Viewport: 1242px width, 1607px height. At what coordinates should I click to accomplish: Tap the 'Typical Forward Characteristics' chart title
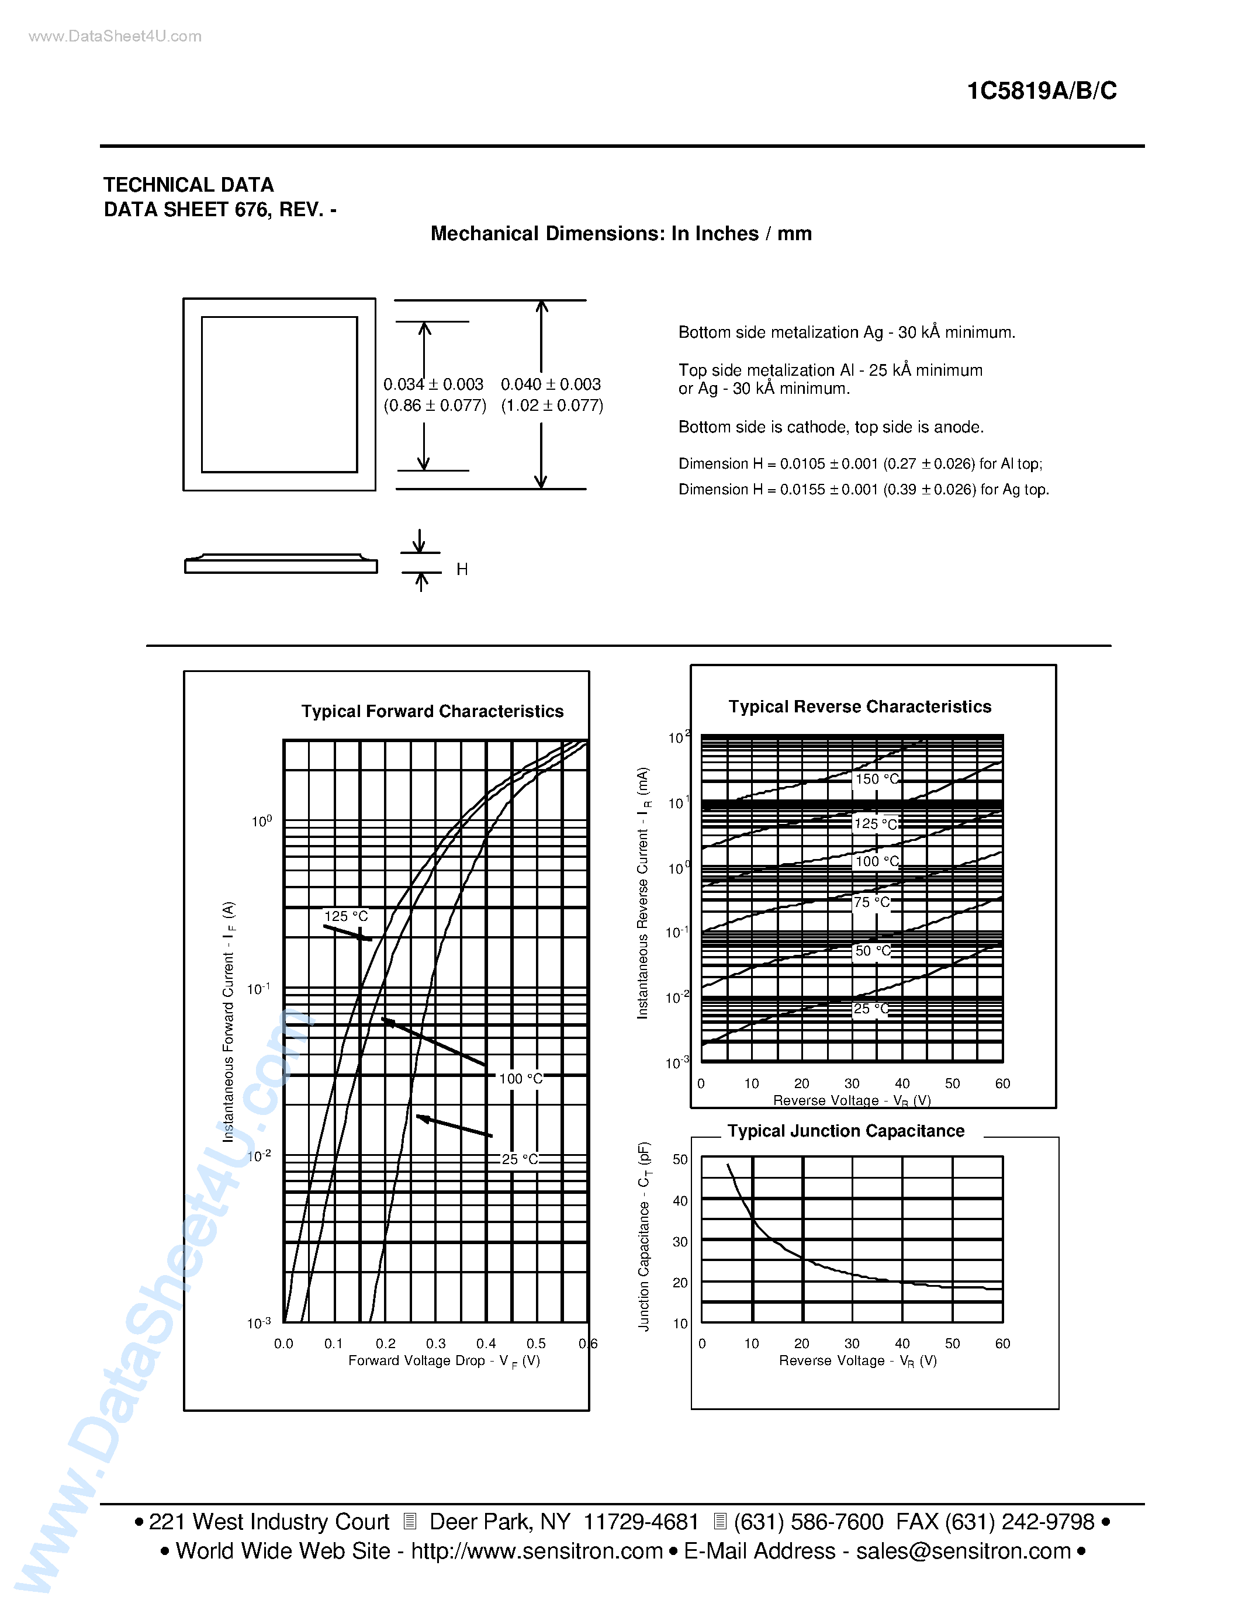[x=432, y=712]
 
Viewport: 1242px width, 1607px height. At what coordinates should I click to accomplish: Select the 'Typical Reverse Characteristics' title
[x=859, y=707]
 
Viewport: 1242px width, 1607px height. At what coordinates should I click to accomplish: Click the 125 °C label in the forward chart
[x=346, y=916]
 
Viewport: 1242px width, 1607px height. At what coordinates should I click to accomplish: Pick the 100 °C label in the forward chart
[x=520, y=1079]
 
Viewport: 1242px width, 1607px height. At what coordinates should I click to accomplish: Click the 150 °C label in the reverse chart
[x=876, y=778]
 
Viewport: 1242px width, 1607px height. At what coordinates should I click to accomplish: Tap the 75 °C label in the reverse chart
[x=871, y=902]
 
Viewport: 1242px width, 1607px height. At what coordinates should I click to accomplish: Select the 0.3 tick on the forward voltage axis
[x=435, y=1343]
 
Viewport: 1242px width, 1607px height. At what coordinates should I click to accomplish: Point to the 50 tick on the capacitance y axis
[x=680, y=1159]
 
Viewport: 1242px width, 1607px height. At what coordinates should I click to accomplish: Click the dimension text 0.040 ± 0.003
[x=551, y=384]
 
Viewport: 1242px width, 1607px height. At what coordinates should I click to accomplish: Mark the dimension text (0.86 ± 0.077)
[x=435, y=406]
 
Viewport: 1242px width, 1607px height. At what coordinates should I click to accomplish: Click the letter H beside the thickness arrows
[x=462, y=569]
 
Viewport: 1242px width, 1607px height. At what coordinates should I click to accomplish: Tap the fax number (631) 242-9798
[x=1020, y=1522]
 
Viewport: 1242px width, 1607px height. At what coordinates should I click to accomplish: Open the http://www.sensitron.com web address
[x=537, y=1551]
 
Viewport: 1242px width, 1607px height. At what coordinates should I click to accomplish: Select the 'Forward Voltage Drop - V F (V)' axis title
[x=444, y=1361]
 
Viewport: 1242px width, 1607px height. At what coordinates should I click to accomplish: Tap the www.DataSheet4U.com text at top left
[x=115, y=37]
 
